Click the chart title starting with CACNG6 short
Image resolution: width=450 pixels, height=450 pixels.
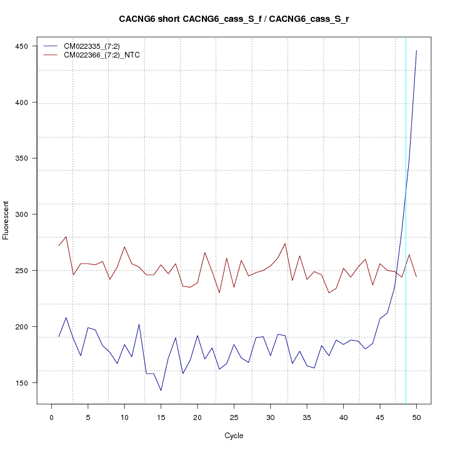234,19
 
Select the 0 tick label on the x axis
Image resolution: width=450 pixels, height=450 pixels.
52,417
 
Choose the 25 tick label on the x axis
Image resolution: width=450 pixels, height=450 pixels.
234,417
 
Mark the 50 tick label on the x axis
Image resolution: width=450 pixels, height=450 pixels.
416,417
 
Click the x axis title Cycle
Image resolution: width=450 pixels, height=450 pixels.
234,436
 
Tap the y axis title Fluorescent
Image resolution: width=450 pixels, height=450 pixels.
6,220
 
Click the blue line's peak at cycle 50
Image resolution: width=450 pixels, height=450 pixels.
416,51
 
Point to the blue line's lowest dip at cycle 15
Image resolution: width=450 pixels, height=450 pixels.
161,391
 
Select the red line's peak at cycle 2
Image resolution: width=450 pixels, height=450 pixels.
66,236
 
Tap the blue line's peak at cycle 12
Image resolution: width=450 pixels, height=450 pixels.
139,324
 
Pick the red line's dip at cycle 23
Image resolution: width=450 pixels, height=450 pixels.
219,292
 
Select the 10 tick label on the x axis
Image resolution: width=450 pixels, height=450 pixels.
124,417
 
